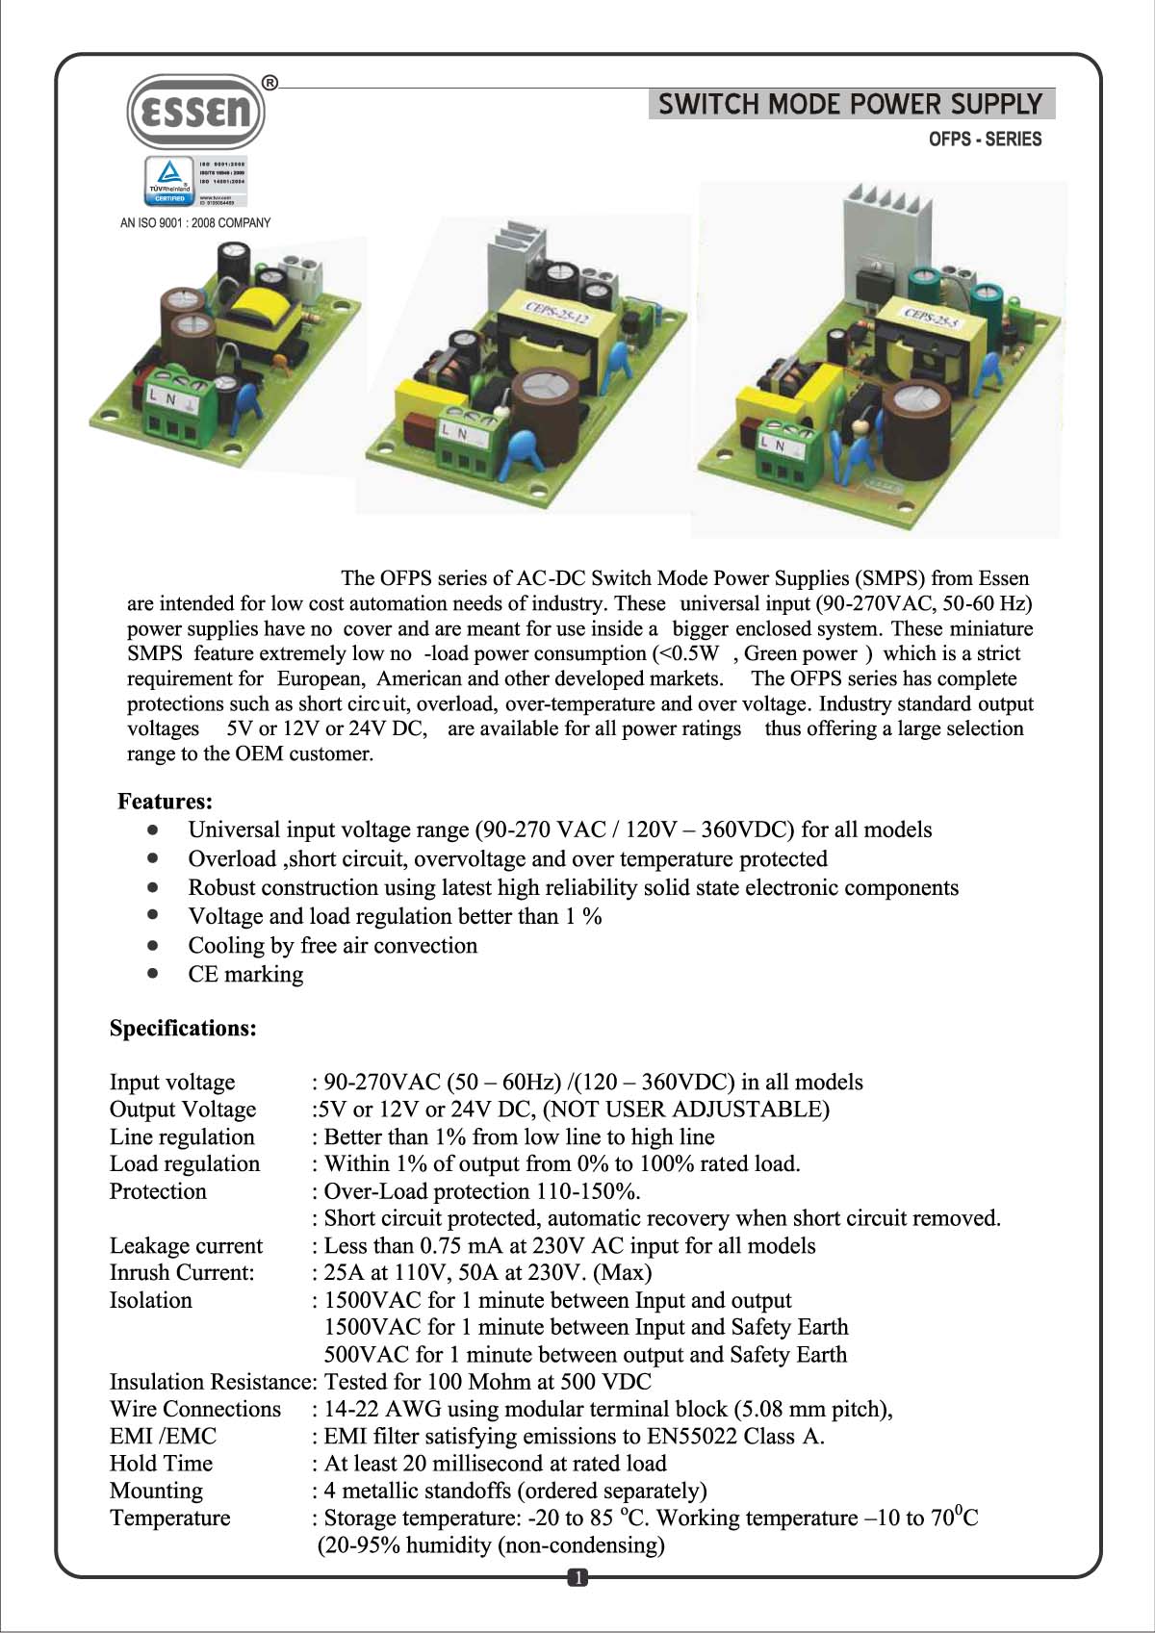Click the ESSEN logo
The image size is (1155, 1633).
[x=196, y=112]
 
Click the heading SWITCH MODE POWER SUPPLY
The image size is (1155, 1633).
[x=851, y=104]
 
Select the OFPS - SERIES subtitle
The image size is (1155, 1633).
[x=985, y=140]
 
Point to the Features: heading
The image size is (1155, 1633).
[x=165, y=802]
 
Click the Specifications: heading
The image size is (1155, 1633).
[x=183, y=1029]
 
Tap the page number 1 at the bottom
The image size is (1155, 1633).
[x=577, y=1578]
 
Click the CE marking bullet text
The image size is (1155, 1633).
[x=245, y=974]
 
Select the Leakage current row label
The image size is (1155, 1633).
[x=186, y=1246]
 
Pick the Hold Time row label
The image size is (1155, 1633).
[x=161, y=1464]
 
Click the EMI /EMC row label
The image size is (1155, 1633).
[x=163, y=1437]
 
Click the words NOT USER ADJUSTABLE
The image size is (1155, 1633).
[x=686, y=1110]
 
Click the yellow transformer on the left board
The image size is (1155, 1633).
[x=265, y=310]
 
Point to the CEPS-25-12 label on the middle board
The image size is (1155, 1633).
[x=555, y=317]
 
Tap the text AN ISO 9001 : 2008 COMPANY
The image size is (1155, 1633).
[x=195, y=223]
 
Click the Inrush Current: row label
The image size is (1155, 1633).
[x=182, y=1273]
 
